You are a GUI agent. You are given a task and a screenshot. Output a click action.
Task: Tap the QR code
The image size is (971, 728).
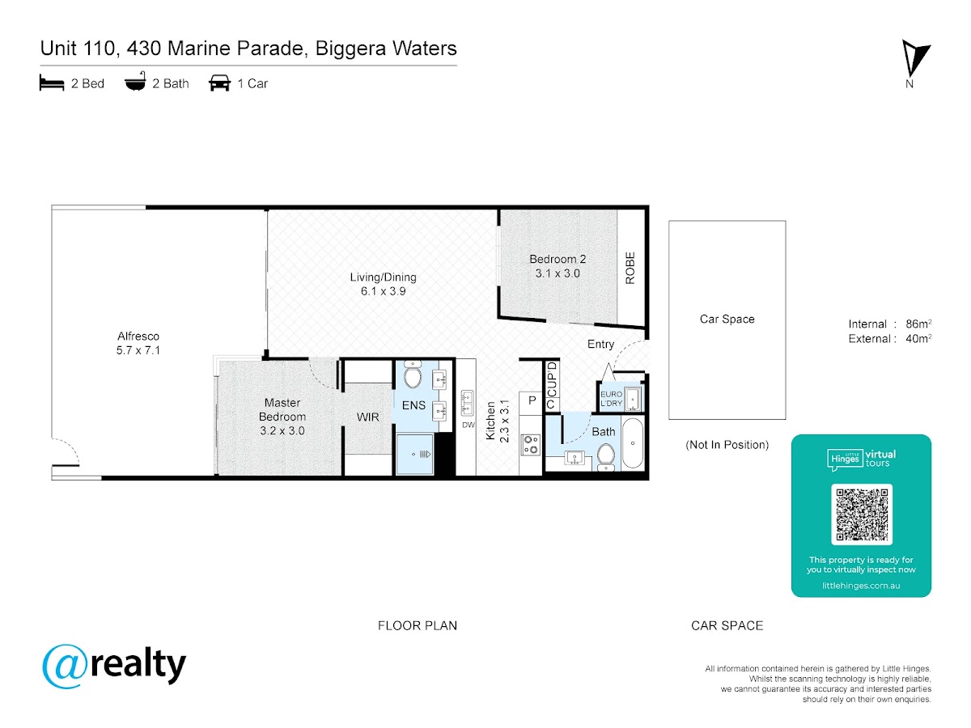(861, 514)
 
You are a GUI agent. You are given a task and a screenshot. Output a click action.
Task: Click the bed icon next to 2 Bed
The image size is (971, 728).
(52, 83)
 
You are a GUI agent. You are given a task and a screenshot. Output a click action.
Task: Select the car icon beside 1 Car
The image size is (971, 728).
(219, 83)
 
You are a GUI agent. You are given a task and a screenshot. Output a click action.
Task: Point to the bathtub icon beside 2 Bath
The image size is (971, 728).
(135, 82)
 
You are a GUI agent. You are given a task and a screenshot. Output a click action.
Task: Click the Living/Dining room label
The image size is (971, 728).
(383, 277)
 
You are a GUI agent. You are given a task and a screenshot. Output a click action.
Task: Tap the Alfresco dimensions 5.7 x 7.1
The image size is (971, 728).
(138, 350)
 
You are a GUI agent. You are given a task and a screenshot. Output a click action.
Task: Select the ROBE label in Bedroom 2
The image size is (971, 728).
(630, 268)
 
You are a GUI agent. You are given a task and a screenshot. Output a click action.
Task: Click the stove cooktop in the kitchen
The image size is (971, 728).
(531, 444)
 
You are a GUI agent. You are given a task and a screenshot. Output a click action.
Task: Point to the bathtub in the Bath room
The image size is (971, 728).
(632, 442)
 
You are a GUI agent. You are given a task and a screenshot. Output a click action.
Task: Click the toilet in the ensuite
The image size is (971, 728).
(413, 375)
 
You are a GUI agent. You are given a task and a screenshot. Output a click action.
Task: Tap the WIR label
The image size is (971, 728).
(367, 417)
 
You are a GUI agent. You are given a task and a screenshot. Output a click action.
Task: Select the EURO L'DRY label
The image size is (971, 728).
(611, 399)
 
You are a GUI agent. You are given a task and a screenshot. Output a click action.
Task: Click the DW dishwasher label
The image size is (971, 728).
(468, 425)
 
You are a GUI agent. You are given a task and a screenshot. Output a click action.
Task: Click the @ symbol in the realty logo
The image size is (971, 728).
(65, 666)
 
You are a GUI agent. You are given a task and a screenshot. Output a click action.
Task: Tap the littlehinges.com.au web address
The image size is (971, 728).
(861, 586)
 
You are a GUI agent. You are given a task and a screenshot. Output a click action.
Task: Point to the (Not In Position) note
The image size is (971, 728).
(727, 445)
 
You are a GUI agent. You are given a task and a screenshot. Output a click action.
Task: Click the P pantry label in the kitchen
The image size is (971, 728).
(532, 400)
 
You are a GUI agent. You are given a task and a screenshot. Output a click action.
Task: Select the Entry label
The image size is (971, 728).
(600, 345)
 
